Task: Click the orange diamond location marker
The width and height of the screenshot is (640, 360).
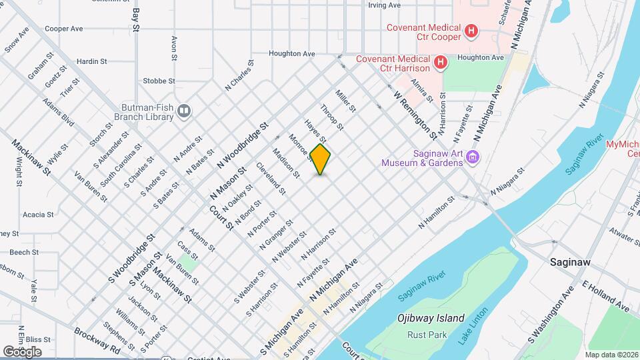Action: [x=321, y=159]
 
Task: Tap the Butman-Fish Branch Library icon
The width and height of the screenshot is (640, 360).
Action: [x=185, y=111]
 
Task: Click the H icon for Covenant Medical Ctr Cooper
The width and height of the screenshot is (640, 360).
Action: [x=471, y=30]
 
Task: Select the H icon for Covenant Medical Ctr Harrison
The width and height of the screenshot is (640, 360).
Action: [x=440, y=63]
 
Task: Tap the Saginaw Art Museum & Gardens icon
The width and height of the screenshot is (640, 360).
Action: [x=473, y=157]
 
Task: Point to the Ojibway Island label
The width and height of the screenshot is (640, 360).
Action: [x=431, y=319]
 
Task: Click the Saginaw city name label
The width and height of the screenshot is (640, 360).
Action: [x=571, y=263]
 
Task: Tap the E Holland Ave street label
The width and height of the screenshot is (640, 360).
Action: [x=605, y=297]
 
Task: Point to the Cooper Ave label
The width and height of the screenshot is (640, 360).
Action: [x=63, y=29]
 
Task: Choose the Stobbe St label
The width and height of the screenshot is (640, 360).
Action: [x=159, y=81]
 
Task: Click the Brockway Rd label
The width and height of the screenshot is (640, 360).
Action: [x=97, y=340]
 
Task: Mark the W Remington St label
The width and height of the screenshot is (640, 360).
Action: [x=415, y=115]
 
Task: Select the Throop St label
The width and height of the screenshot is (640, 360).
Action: [x=331, y=117]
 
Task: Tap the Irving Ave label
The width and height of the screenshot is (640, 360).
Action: [x=384, y=5]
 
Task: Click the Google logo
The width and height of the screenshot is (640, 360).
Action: [x=22, y=351]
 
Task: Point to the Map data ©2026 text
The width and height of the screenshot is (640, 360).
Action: [x=611, y=355]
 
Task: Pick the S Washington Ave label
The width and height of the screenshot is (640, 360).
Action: [x=551, y=315]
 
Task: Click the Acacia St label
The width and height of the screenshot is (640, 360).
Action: [x=37, y=215]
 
